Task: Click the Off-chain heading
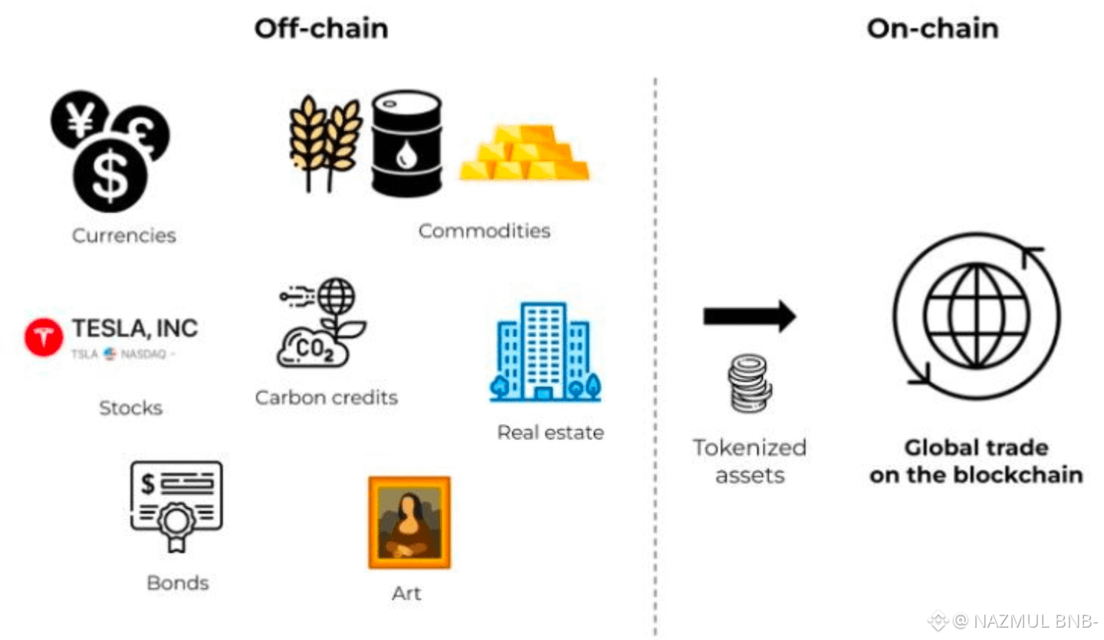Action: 321,29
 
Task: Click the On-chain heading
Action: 932,29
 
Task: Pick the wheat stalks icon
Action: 325,142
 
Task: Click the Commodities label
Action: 484,230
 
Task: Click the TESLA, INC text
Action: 135,329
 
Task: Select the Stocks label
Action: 130,408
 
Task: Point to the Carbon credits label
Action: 327,398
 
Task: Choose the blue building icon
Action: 544,352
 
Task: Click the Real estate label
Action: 550,433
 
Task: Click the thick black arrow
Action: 749,316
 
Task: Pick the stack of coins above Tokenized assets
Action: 749,383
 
